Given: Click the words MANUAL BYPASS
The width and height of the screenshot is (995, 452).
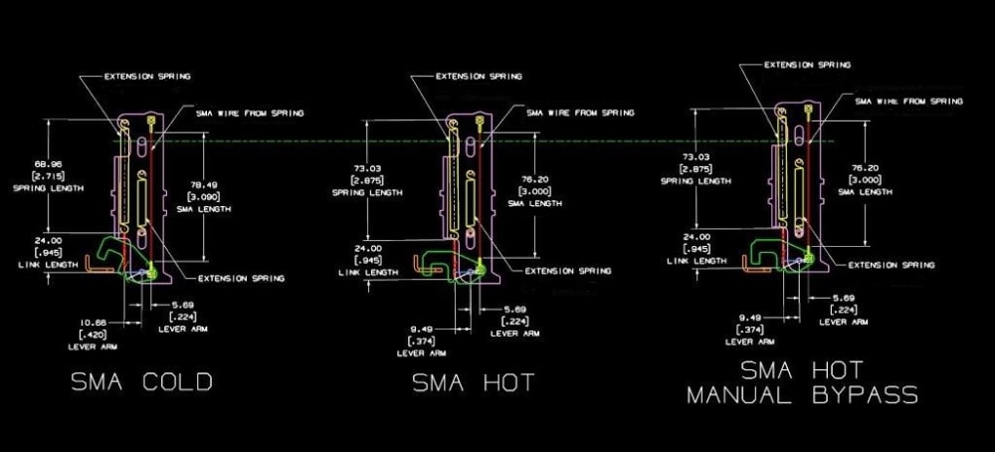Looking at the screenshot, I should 802,396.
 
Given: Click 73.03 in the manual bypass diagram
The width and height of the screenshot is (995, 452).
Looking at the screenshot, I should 696,156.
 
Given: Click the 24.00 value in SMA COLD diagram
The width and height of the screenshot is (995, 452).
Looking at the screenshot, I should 48,240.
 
